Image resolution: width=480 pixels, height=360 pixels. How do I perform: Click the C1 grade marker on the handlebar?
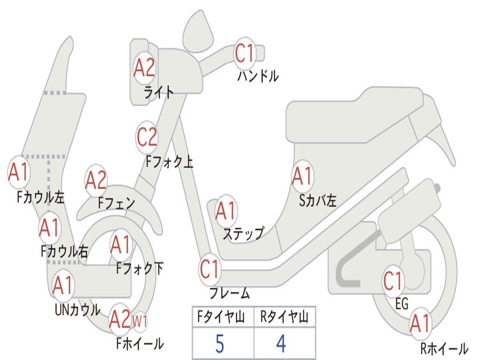[245, 52]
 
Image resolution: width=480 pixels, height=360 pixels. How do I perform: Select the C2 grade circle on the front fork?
[147, 137]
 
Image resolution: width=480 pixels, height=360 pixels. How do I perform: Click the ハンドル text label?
[258, 76]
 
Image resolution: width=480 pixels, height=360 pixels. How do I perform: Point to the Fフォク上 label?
[169, 162]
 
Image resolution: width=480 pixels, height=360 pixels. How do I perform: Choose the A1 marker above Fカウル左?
[19, 172]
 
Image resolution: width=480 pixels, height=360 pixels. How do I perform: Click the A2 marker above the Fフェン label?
[96, 181]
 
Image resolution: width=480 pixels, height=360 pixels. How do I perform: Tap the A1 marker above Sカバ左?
[302, 177]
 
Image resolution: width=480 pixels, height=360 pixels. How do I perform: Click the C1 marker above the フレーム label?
[210, 270]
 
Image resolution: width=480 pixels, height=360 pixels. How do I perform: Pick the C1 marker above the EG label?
[393, 281]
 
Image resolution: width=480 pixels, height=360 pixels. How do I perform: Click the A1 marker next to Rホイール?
[420, 324]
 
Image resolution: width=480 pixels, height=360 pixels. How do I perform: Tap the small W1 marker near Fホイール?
[140, 322]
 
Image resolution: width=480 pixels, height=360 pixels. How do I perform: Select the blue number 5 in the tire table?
[219, 344]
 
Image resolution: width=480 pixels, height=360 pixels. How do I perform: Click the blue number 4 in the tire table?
[281, 344]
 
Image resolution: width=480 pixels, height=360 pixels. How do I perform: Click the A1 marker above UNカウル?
[63, 285]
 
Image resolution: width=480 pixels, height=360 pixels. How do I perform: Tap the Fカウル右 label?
[64, 252]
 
